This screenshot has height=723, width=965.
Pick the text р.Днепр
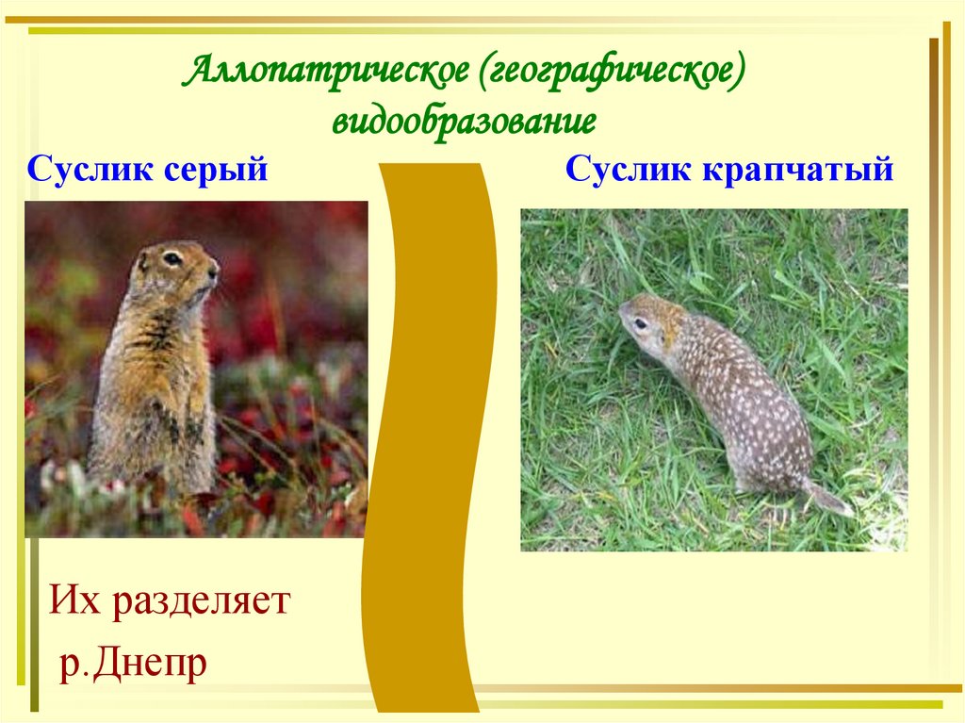(132, 663)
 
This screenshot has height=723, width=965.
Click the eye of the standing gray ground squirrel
(172, 257)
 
